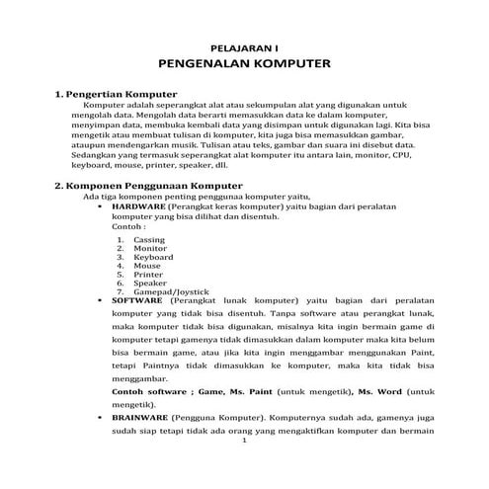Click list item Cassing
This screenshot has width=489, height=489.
click(x=149, y=240)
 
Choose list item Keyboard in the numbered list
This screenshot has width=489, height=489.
click(x=153, y=257)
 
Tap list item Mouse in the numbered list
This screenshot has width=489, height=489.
click(x=146, y=266)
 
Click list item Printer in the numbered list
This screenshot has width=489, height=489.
click(x=148, y=275)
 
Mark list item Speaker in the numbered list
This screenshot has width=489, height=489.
click(x=150, y=284)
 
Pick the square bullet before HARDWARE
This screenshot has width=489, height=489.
click(x=103, y=205)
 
